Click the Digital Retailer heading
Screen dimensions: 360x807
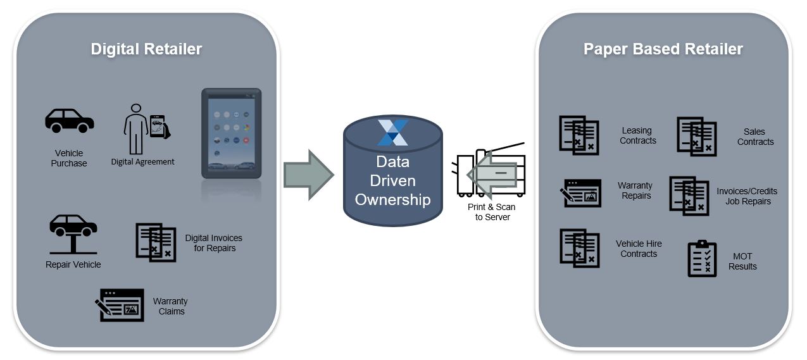click(146, 49)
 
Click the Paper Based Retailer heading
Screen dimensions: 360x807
click(663, 49)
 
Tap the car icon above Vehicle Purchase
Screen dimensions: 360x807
click(69, 121)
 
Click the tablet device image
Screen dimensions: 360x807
click(231, 133)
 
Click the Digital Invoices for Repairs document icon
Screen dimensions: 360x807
click(156, 241)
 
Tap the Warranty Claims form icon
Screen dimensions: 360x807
click(121, 305)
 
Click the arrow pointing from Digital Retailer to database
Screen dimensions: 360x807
click(308, 175)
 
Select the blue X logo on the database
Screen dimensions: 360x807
click(392, 132)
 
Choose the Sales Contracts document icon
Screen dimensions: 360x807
click(697, 136)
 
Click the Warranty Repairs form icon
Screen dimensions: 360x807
click(580, 193)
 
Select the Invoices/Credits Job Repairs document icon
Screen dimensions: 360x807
click(689, 196)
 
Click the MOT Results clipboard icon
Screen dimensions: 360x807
click(702, 259)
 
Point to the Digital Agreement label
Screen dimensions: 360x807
click(142, 162)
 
